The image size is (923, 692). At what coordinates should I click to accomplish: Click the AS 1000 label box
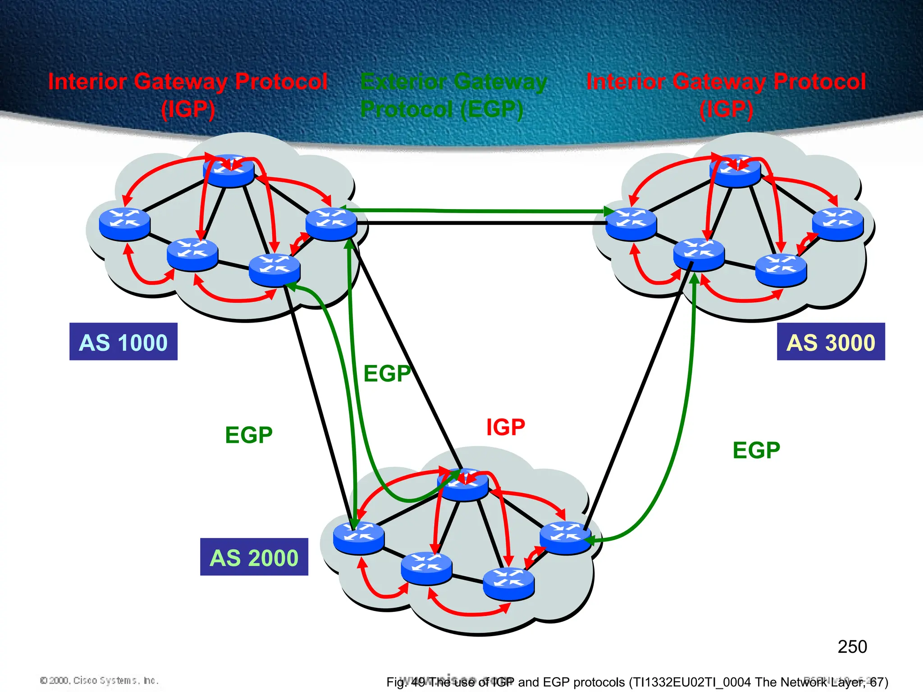[x=123, y=341]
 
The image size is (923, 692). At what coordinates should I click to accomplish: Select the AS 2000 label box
[x=254, y=557]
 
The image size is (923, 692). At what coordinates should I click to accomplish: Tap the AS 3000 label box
[x=831, y=341]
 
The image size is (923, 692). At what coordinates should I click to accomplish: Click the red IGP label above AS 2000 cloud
[x=506, y=427]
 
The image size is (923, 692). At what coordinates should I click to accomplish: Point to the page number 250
[x=852, y=647]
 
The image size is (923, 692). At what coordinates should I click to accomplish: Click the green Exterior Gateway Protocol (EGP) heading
[x=453, y=95]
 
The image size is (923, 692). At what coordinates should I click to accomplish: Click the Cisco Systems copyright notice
[x=99, y=680]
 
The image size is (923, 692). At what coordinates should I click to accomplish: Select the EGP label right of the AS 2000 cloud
[x=756, y=450]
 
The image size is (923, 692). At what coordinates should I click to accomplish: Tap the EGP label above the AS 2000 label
[x=249, y=435]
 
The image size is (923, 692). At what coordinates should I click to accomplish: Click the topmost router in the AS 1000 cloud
[x=228, y=171]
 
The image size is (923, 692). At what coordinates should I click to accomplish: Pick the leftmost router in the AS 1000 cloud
[x=124, y=224]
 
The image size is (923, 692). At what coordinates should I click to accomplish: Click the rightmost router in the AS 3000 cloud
[x=838, y=224]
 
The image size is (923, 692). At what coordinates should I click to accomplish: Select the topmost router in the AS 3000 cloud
[x=735, y=171]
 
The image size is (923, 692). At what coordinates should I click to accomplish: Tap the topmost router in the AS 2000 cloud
[x=463, y=485]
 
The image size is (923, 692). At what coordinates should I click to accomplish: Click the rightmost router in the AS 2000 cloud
[x=565, y=537]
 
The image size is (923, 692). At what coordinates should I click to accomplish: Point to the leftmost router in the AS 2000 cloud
[x=359, y=537]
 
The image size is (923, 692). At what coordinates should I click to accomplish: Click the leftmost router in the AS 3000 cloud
[x=631, y=224]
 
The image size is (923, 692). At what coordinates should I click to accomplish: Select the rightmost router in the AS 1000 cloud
[x=331, y=224]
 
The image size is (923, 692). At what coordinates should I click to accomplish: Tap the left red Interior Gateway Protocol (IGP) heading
[x=187, y=95]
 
